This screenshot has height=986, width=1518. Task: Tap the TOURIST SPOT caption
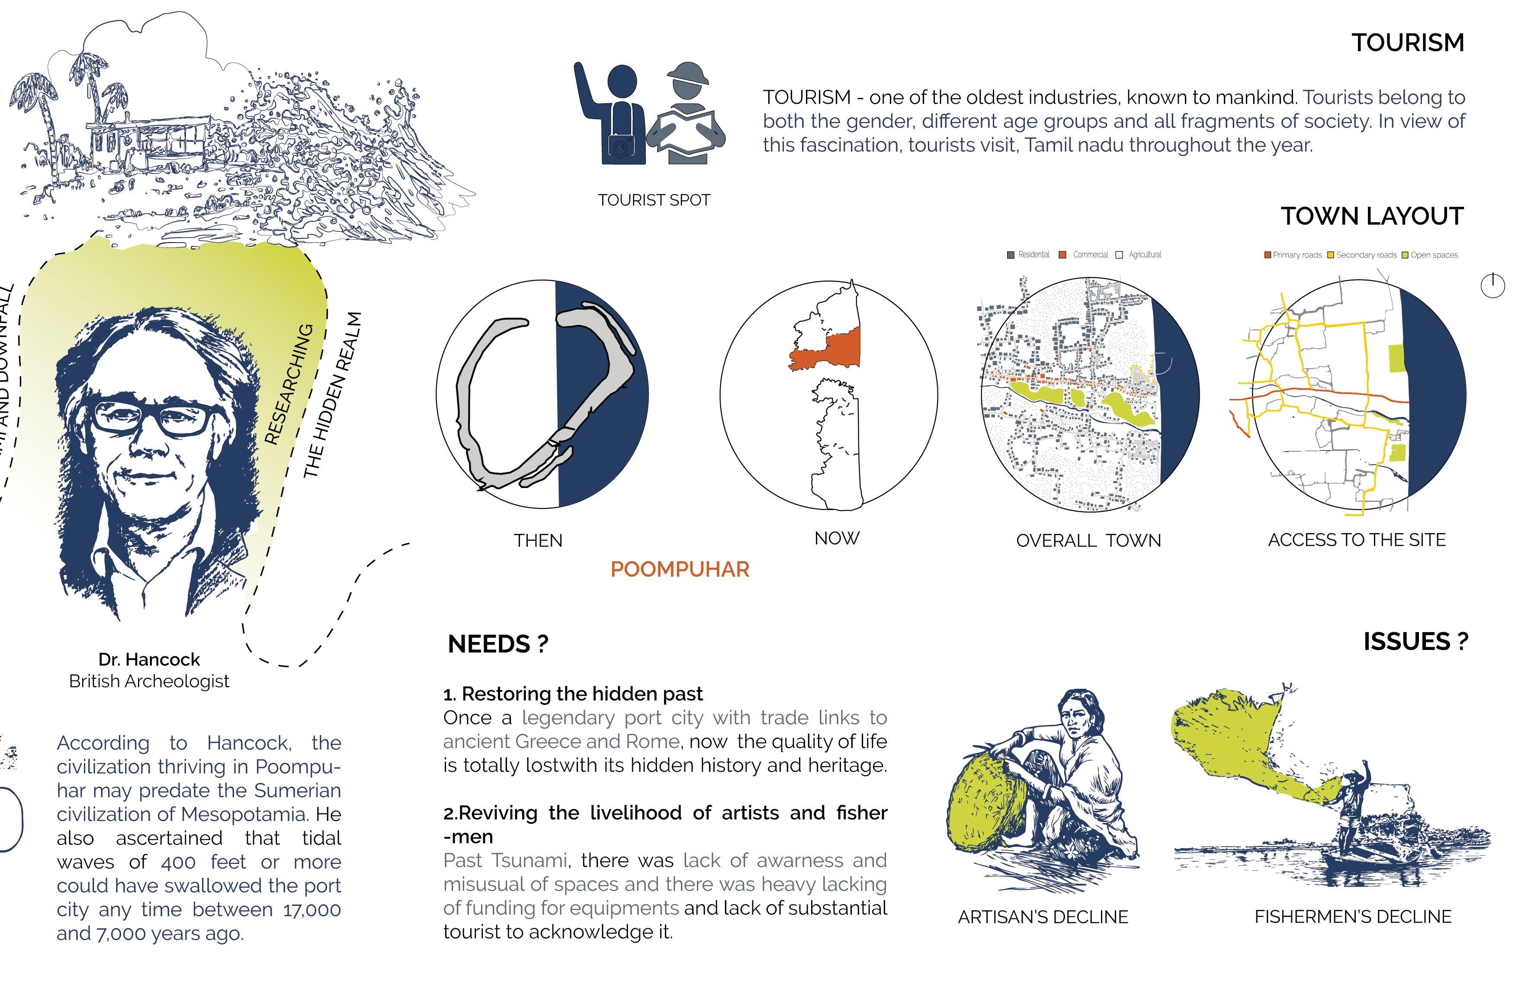[x=654, y=200]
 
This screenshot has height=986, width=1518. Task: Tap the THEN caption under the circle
[x=538, y=541]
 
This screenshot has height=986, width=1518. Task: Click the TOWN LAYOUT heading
[x=1372, y=216]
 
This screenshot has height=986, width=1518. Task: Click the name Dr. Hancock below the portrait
[x=149, y=659]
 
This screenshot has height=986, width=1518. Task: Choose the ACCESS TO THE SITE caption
[x=1356, y=540]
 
